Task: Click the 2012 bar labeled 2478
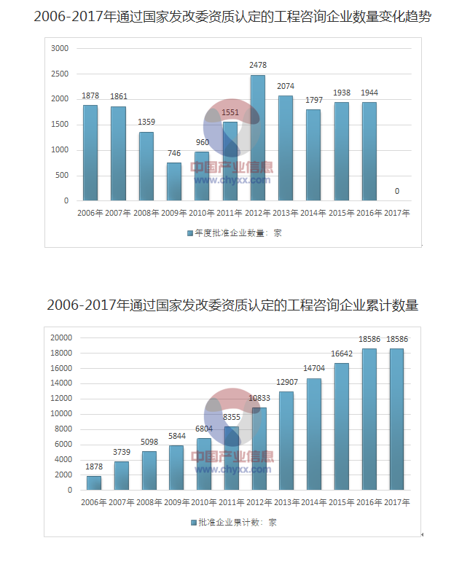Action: [x=257, y=138]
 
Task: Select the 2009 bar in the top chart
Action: [x=174, y=181]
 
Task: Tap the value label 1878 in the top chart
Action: [x=90, y=95]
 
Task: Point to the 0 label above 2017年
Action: [x=397, y=191]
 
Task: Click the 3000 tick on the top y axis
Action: [x=60, y=48]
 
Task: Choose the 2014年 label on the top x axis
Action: [x=313, y=214]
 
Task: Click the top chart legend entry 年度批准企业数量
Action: [x=238, y=233]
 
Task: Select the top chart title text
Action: [x=232, y=16]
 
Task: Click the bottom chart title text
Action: [x=232, y=305]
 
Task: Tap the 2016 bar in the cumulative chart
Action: [x=369, y=419]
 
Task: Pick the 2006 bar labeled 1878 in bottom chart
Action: [x=94, y=483]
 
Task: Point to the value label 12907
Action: [x=286, y=383]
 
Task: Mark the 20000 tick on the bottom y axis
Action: [x=60, y=337]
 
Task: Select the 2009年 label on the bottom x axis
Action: [x=176, y=503]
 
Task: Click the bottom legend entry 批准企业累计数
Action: [x=238, y=523]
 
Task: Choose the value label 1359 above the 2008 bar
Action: [x=146, y=122]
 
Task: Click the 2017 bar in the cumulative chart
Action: [x=397, y=419]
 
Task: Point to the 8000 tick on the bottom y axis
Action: [x=63, y=429]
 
